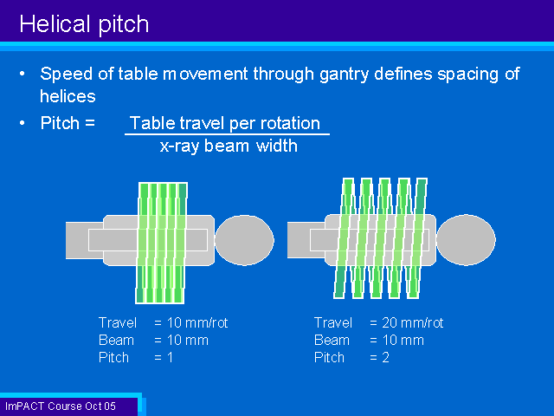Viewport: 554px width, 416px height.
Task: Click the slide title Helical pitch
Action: (x=84, y=24)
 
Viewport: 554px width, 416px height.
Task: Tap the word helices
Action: (x=68, y=96)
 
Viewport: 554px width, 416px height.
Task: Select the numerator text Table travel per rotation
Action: (x=225, y=123)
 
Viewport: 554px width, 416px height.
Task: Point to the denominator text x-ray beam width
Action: (x=229, y=146)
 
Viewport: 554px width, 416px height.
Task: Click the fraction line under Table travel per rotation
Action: (x=227, y=134)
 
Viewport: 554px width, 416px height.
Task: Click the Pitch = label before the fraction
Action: (x=68, y=123)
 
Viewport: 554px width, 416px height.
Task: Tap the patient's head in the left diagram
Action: (x=244, y=240)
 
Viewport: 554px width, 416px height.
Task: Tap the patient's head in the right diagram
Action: (x=466, y=240)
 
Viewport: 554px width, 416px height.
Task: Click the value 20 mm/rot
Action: (x=413, y=322)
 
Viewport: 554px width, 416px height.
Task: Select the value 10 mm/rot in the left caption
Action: (x=197, y=322)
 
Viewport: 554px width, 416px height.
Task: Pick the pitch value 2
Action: (x=385, y=358)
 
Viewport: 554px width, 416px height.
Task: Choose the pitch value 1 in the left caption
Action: (x=171, y=358)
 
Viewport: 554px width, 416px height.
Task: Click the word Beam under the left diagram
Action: (x=116, y=341)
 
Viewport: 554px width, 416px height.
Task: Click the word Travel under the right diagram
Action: (x=332, y=322)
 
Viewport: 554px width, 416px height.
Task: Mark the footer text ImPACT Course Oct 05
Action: (x=61, y=406)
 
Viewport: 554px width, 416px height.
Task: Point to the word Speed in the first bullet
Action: (x=67, y=75)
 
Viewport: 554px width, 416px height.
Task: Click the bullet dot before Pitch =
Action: (x=23, y=123)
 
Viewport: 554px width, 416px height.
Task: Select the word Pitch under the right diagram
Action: (x=329, y=358)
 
